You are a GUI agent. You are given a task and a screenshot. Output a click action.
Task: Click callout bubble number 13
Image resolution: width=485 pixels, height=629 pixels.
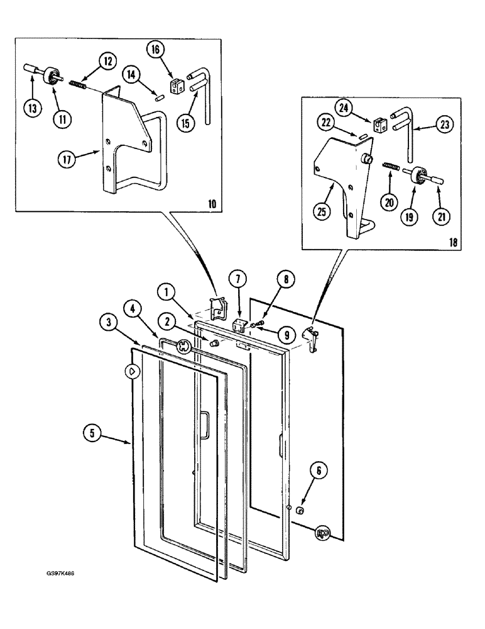pyautogui.click(x=31, y=108)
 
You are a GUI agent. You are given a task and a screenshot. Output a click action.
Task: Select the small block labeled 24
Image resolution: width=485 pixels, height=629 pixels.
pyautogui.click(x=379, y=126)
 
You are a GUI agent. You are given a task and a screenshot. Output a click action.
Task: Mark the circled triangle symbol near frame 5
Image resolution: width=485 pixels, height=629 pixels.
pyautogui.click(x=132, y=372)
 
